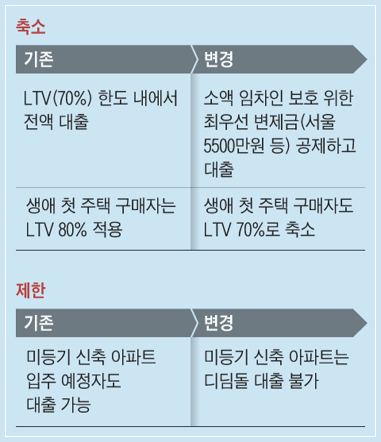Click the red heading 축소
31,27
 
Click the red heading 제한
31,290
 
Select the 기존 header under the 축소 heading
39,59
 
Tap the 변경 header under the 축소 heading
219,59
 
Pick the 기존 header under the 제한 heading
39,323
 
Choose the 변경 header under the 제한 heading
219,323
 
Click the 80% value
72,230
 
